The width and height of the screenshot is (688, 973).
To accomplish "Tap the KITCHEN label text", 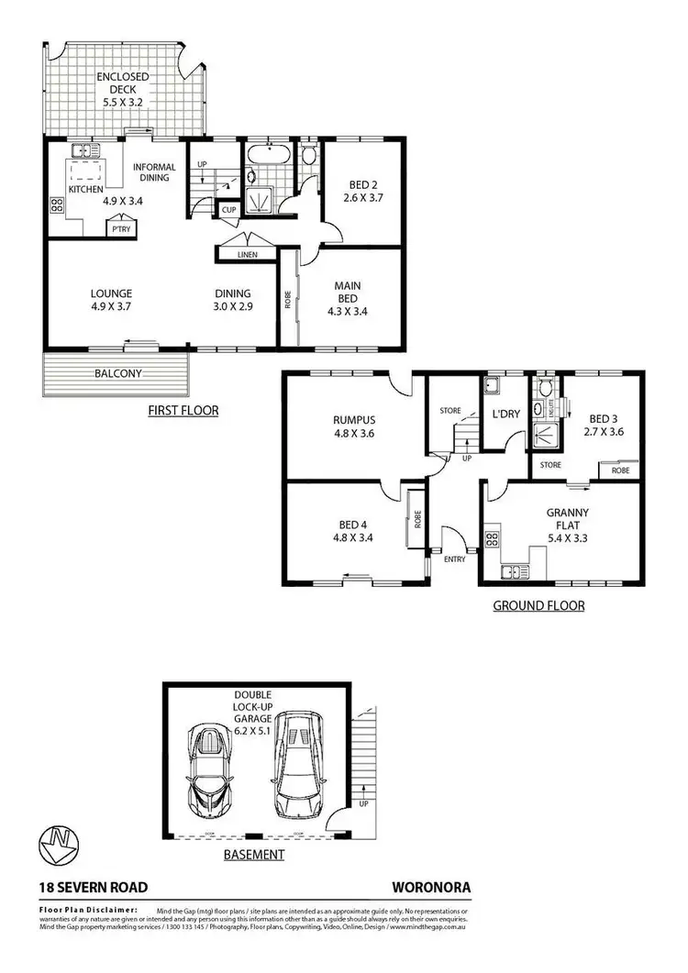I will pyautogui.click(x=85, y=190).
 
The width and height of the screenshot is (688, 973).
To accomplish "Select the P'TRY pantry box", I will pyautogui.click(x=119, y=228).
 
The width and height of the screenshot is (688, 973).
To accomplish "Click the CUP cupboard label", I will pyautogui.click(x=227, y=210).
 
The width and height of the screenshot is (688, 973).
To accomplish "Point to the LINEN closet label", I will pyautogui.click(x=247, y=253).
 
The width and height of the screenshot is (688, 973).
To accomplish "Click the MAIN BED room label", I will pyautogui.click(x=348, y=292).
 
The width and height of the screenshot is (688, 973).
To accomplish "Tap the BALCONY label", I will pyautogui.click(x=117, y=373).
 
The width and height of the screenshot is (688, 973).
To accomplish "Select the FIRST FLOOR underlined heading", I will pyautogui.click(x=183, y=410).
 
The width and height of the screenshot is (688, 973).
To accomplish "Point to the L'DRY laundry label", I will pyautogui.click(x=505, y=414).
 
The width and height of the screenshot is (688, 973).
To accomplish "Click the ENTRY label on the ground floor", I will pyautogui.click(x=454, y=558).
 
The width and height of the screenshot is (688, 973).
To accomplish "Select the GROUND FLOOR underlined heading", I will pyautogui.click(x=538, y=605).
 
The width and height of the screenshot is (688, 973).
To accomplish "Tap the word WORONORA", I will pyautogui.click(x=430, y=888).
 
